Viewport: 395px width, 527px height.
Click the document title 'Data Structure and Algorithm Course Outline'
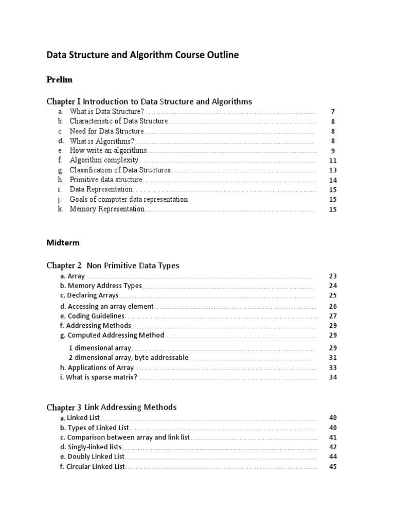142,55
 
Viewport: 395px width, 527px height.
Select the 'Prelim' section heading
59,80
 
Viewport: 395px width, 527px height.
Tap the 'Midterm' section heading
63,242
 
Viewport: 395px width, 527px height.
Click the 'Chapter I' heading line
149,101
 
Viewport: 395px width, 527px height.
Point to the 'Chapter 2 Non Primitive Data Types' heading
113,266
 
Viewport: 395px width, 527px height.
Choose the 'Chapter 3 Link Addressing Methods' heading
111,407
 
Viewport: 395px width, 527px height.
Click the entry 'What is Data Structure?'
106,112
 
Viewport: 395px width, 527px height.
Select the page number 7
333,112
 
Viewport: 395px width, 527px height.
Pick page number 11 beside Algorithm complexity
333,161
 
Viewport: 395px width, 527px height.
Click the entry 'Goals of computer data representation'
129,199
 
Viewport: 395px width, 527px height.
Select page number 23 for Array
333,276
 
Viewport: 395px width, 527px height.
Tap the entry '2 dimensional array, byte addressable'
129,358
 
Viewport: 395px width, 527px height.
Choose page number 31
333,358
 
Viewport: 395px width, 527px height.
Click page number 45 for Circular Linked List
333,467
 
